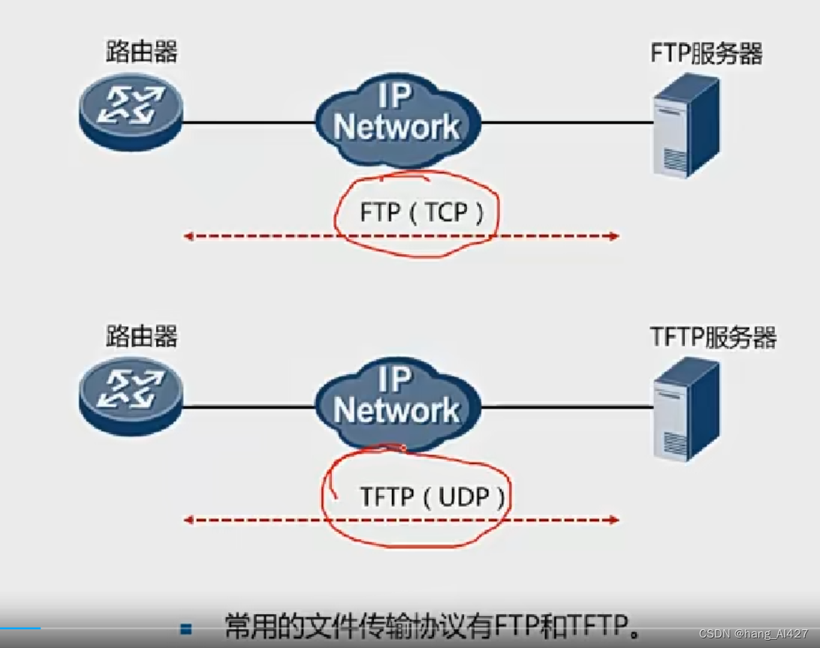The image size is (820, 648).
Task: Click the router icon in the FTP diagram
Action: point(131,114)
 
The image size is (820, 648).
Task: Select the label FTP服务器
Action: point(706,54)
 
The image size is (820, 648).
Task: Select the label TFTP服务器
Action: point(713,337)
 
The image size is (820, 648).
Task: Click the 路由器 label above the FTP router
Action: point(142,52)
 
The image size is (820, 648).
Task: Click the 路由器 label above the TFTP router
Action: point(142,336)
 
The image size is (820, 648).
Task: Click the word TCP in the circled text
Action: point(446,214)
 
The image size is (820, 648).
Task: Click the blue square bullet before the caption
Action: point(186,628)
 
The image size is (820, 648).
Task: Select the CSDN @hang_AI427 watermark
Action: point(752,634)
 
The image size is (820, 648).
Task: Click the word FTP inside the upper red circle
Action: point(380,214)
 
